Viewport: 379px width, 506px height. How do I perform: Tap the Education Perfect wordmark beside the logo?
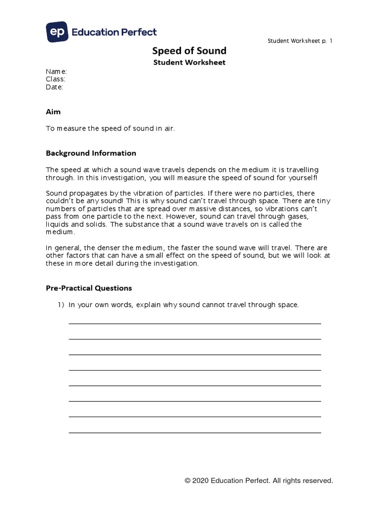click(x=114, y=32)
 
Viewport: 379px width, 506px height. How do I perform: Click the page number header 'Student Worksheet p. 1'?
click(x=300, y=41)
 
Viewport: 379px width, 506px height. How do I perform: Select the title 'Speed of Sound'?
click(x=189, y=51)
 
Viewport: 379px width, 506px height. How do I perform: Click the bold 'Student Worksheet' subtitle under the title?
click(x=189, y=62)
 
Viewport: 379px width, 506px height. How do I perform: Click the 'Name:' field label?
click(x=56, y=71)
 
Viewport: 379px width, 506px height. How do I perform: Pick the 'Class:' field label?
click(x=56, y=79)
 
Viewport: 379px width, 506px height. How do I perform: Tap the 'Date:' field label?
click(x=55, y=87)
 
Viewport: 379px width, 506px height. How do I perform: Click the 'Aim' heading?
click(x=53, y=112)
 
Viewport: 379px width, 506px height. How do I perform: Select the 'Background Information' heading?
click(x=91, y=153)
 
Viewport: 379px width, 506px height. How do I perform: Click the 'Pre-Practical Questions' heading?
click(x=89, y=288)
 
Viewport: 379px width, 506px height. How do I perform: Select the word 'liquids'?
click(x=56, y=224)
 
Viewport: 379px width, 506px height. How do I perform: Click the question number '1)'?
click(x=62, y=305)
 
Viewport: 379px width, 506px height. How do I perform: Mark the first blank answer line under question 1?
click(x=194, y=324)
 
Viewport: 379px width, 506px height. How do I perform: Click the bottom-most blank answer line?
click(x=194, y=432)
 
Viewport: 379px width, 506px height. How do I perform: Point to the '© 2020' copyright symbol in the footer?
click(x=188, y=480)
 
